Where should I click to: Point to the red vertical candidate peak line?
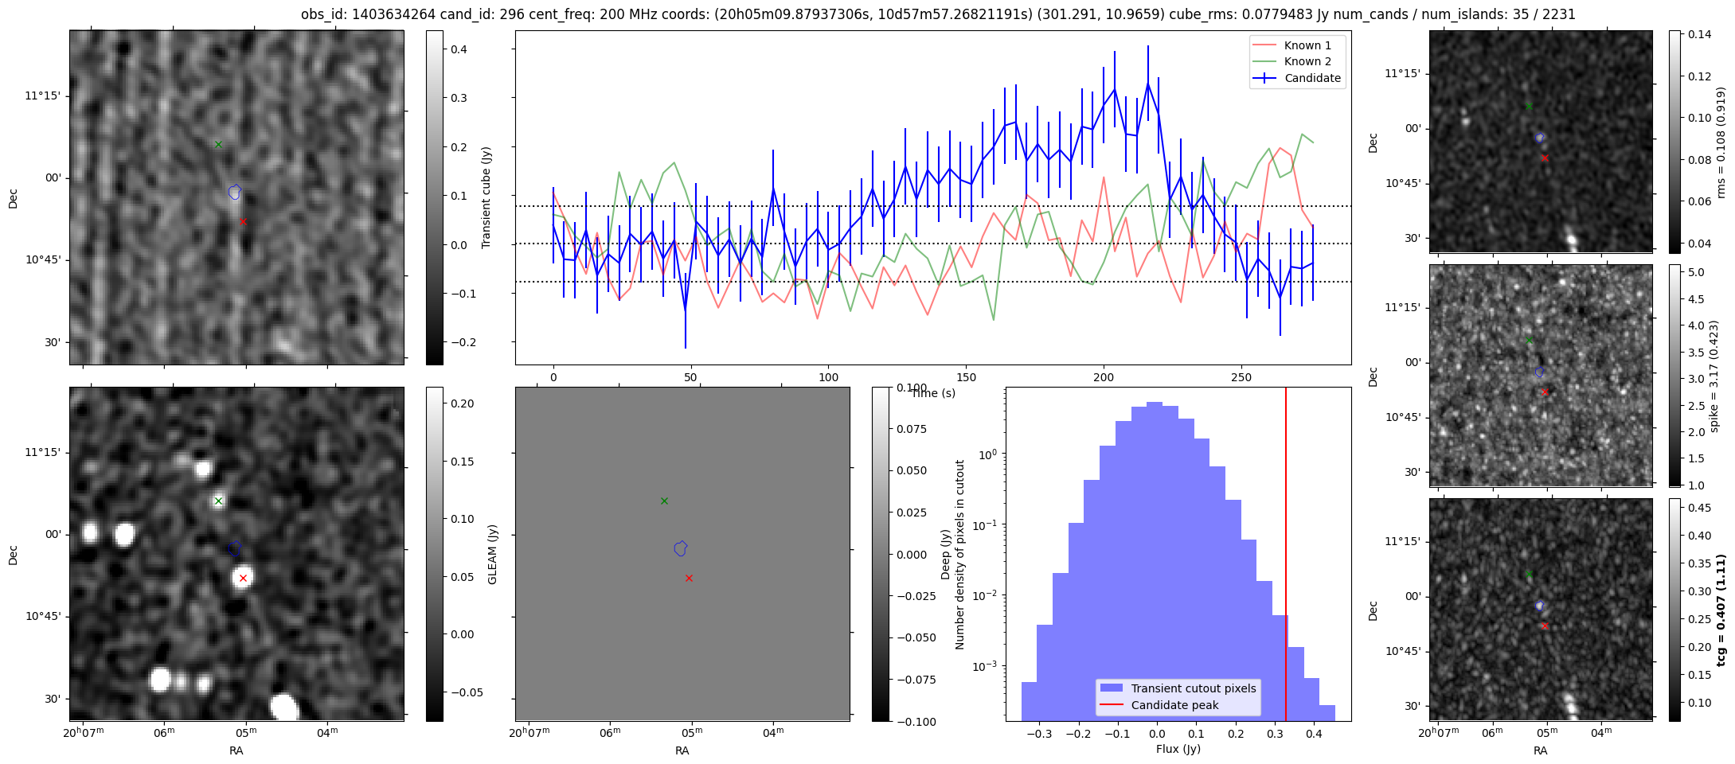pos(1286,554)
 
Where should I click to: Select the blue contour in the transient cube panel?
pos(234,192)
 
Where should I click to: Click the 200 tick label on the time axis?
pos(1104,377)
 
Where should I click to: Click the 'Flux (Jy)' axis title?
pos(1178,749)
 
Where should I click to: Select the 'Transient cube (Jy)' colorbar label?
pos(487,197)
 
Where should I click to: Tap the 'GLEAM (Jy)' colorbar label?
pos(492,554)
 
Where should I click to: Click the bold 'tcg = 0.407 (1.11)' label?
pos(1721,610)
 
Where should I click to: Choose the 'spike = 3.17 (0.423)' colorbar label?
pos(1714,376)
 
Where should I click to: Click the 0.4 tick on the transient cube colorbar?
pos(459,49)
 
